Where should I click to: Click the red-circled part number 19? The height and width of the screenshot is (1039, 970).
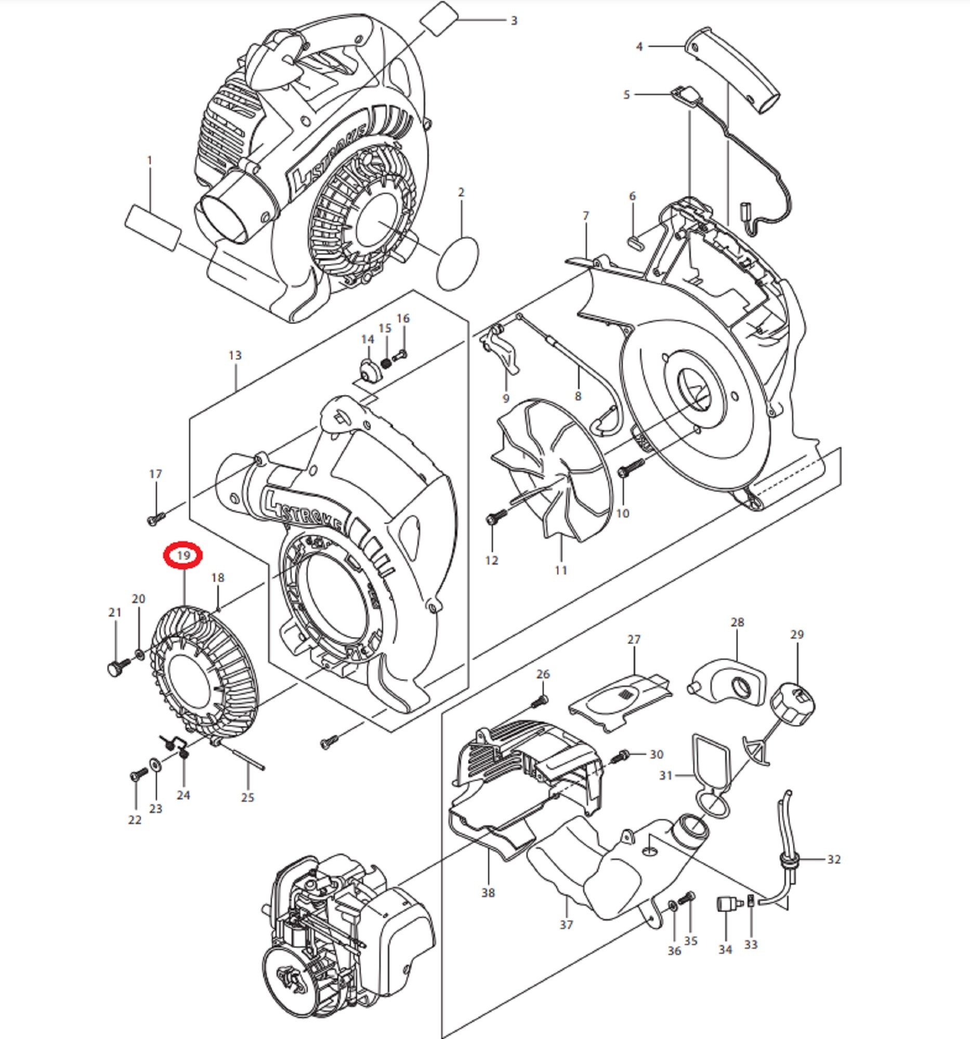pyautogui.click(x=183, y=555)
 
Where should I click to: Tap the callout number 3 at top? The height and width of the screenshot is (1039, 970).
pyautogui.click(x=514, y=20)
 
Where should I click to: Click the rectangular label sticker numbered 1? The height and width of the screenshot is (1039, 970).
pyautogui.click(x=154, y=229)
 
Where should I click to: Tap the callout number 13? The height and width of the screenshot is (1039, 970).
pyautogui.click(x=235, y=355)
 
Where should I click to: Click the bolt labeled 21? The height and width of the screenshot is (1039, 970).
pyautogui.click(x=118, y=668)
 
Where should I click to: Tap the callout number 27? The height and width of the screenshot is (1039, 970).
pyautogui.click(x=634, y=639)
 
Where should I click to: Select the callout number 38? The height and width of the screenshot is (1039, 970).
pyautogui.click(x=488, y=893)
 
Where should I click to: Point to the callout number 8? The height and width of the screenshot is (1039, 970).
pyautogui.click(x=578, y=396)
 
